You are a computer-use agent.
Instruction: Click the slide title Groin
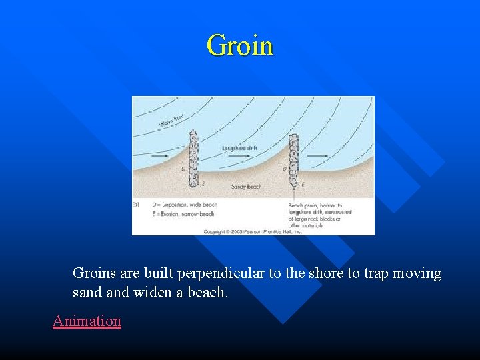[240, 46]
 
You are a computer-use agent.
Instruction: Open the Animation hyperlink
[87, 321]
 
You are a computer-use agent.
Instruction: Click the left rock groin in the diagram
[194, 159]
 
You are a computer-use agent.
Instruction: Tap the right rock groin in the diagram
[294, 159]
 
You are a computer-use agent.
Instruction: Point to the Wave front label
[171, 121]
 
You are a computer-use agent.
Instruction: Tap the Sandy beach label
[246, 187]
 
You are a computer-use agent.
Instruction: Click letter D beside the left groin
[183, 169]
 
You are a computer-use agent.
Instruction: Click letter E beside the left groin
[203, 183]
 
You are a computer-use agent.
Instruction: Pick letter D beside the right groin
[285, 169]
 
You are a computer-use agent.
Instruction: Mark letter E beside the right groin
[303, 184]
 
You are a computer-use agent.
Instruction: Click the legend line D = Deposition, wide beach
[184, 205]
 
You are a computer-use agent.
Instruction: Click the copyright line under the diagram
[253, 231]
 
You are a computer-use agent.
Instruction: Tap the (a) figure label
[137, 205]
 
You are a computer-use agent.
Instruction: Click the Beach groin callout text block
[320, 215]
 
